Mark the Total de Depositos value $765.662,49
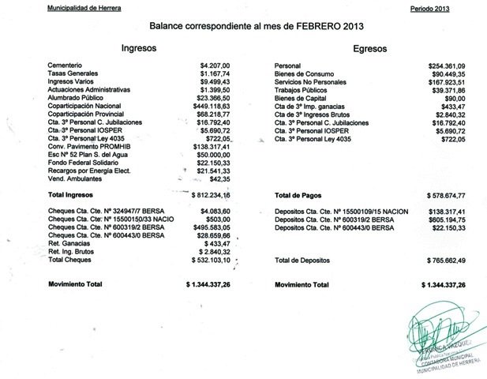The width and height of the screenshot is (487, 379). coord(442,259)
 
